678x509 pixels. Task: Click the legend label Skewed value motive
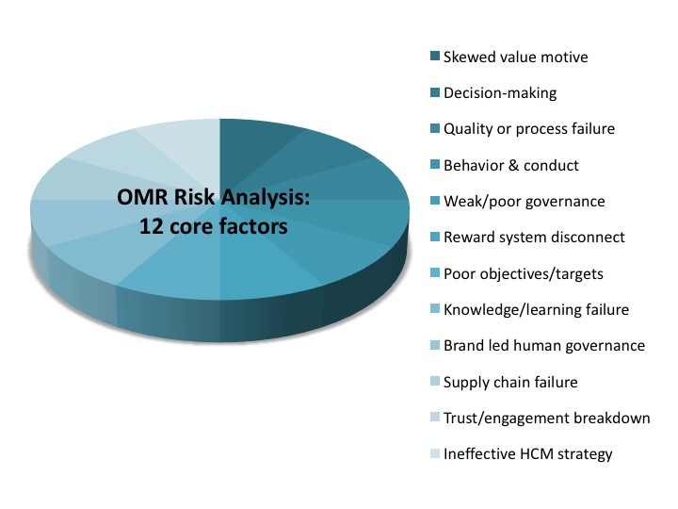pos(515,57)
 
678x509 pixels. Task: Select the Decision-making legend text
pos(500,93)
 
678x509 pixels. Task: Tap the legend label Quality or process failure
pos(529,129)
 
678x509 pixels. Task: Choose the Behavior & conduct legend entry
pos(511,165)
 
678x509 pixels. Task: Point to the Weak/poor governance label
pos(525,202)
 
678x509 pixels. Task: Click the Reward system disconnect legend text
pos(534,238)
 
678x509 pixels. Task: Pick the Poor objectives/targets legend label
pos(524,274)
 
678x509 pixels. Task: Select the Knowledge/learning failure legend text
pos(536,310)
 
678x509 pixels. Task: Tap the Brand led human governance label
pos(544,346)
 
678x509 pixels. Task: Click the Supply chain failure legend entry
pos(510,382)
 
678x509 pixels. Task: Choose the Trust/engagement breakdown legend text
pos(546,419)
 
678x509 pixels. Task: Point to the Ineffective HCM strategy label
pos(528,454)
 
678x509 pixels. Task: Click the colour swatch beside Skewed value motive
pos(435,56)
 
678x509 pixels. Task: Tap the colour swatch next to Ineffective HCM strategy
pos(435,453)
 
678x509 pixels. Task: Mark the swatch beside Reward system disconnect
pos(435,237)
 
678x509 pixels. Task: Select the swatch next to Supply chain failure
pos(435,381)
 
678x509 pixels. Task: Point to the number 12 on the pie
pos(152,226)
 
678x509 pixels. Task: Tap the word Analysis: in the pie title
pos(266,198)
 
